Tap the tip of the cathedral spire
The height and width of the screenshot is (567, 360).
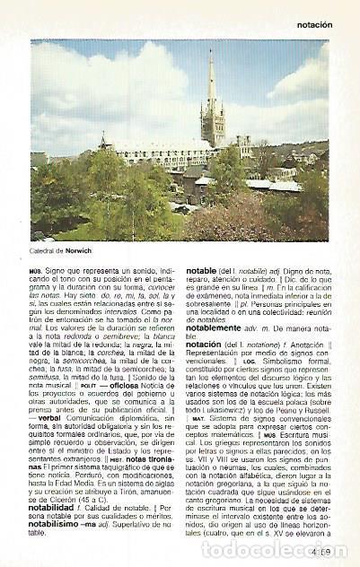[x=211, y=51]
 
